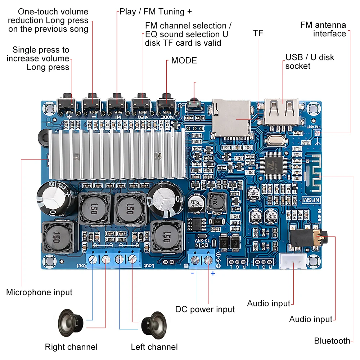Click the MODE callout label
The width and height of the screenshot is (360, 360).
click(x=184, y=60)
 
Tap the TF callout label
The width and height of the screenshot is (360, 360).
click(x=258, y=33)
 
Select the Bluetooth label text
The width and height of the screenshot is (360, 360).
click(x=332, y=341)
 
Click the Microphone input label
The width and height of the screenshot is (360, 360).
click(x=39, y=292)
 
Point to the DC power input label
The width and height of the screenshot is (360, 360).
click(x=205, y=309)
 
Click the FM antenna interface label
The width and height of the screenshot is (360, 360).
click(x=323, y=29)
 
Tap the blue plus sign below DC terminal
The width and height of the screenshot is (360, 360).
click(x=213, y=274)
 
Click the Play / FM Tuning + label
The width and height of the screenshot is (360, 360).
click(x=156, y=12)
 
